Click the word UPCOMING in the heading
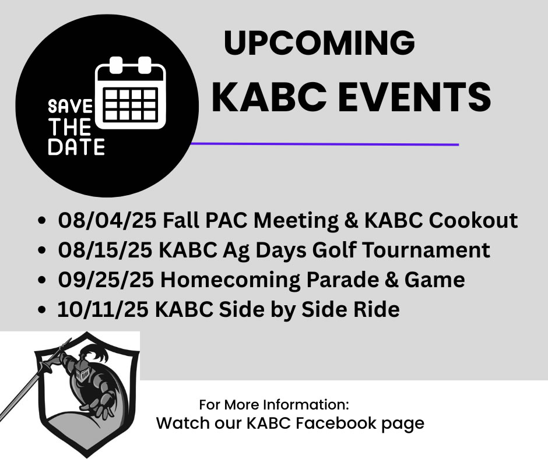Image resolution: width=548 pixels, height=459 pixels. coord(319,43)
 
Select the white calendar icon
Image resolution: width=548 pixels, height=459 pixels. coord(131,93)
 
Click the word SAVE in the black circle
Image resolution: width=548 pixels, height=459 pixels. coord(70,107)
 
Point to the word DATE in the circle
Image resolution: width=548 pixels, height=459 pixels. coord(76,147)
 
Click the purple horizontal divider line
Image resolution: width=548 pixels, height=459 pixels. coord(325,144)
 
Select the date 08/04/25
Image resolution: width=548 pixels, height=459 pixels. coord(107,220)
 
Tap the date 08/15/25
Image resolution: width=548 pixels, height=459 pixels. coord(105,250)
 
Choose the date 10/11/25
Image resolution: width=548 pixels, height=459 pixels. coord(103,309)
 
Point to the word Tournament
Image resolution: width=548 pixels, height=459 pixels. coord(426,250)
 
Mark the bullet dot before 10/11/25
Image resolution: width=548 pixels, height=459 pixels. coord(41,310)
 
